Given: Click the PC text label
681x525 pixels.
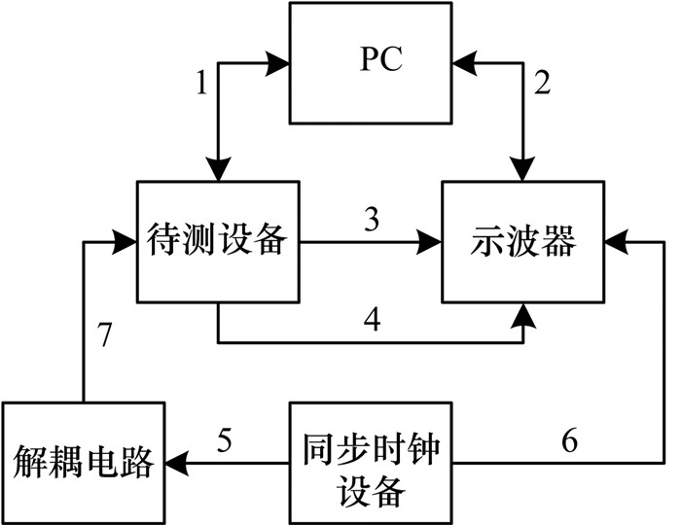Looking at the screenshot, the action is [x=381, y=58].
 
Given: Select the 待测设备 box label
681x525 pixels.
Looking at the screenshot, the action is [x=217, y=240].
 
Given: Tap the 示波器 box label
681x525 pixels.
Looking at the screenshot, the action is [x=523, y=240].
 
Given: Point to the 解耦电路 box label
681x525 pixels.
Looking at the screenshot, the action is [x=83, y=462].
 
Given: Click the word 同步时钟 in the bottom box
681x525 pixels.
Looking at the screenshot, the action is [x=371, y=449].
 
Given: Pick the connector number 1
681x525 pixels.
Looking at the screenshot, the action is [x=202, y=83].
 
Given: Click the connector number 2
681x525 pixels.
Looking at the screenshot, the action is [x=542, y=83].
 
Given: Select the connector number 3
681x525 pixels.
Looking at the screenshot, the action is [x=372, y=219].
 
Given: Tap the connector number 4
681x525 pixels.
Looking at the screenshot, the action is [x=372, y=320].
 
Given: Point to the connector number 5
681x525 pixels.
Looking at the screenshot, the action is [x=225, y=440].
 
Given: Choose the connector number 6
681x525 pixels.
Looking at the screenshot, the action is [x=570, y=440].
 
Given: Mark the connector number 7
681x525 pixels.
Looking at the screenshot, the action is [x=104, y=335].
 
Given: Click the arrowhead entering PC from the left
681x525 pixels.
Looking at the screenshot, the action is [x=278, y=64].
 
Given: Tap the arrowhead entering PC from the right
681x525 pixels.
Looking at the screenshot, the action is [x=464, y=64].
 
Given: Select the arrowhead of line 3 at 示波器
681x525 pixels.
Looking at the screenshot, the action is [x=430, y=242].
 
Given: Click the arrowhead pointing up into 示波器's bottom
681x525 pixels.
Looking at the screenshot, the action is [x=523, y=315].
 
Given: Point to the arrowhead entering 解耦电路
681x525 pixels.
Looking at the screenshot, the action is [x=177, y=463].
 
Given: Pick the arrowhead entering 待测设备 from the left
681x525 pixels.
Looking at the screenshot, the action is [x=125, y=242].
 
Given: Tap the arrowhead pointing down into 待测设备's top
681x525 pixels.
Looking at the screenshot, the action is [x=218, y=169].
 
